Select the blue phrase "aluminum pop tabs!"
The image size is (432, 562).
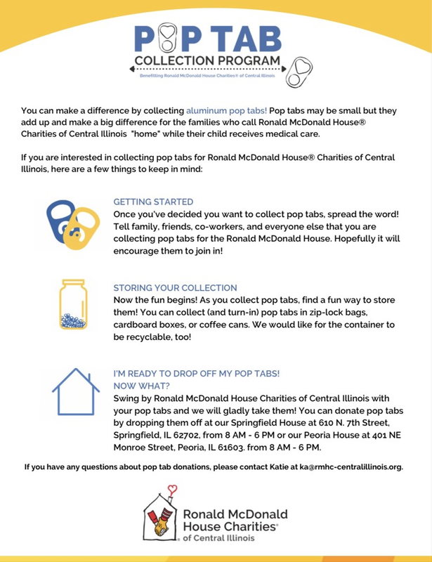pos(227,112)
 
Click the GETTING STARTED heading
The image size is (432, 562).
pos(153,201)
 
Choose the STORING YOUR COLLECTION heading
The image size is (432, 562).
pos(176,288)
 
